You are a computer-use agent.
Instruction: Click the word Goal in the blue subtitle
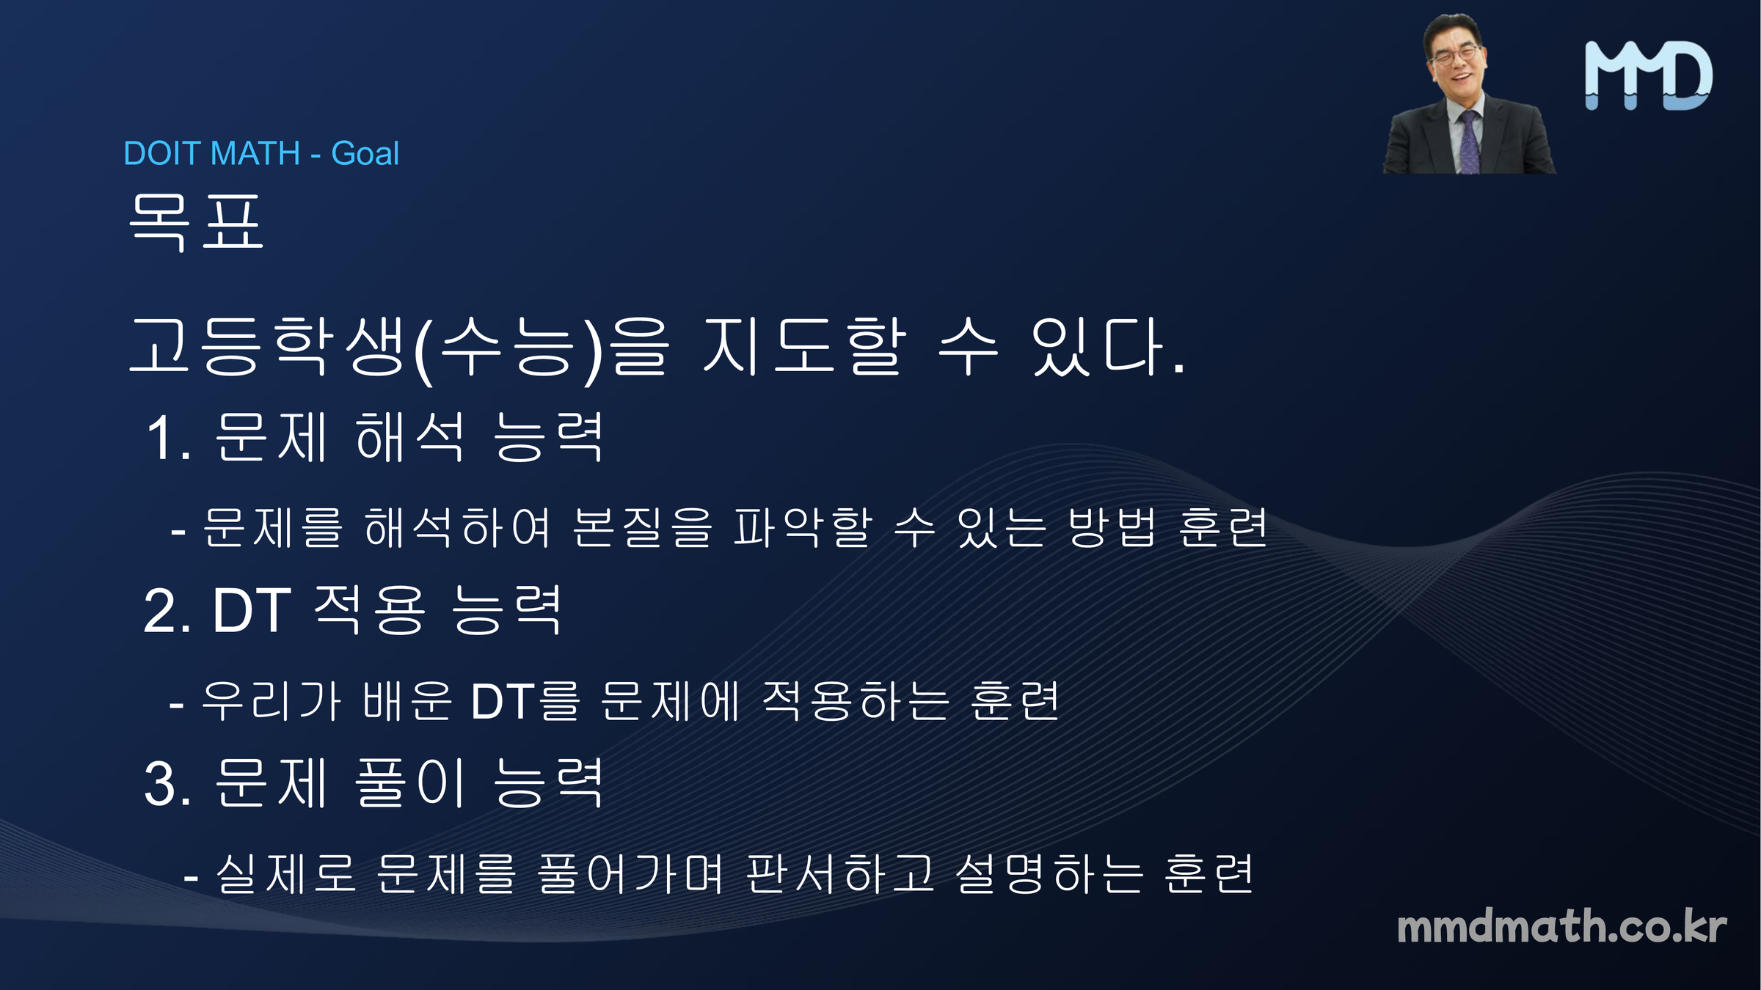[x=365, y=153]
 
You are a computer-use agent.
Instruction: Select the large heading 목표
[x=196, y=223]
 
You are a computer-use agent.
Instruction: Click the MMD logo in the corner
[x=1649, y=76]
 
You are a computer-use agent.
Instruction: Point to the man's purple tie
[x=1467, y=143]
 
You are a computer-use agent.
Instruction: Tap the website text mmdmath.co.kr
[x=1561, y=926]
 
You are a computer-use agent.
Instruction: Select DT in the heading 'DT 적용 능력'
[x=252, y=610]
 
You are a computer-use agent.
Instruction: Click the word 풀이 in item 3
[x=410, y=783]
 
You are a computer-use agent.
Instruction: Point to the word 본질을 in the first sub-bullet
[x=642, y=527]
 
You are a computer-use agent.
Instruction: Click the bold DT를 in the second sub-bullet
[x=525, y=701]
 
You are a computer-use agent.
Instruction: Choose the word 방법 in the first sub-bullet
[x=1112, y=527]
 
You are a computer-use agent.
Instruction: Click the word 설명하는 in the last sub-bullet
[x=1049, y=874]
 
